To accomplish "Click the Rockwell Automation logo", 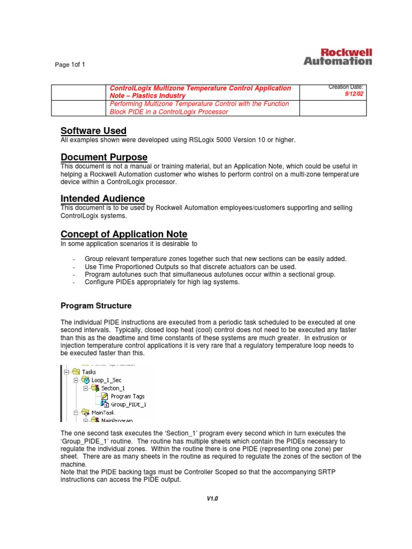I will click(x=337, y=57).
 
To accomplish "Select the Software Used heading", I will click(x=93, y=131).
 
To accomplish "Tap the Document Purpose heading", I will click(x=104, y=157).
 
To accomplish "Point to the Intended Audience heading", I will click(x=102, y=198).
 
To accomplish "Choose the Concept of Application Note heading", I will click(x=124, y=234).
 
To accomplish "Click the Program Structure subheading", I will click(x=95, y=306).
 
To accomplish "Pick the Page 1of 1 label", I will click(x=70, y=65).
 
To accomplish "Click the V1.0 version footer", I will click(x=212, y=499).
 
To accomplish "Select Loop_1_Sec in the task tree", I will click(x=107, y=380).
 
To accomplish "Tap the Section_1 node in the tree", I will click(x=113, y=388).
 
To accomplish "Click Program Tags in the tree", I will click(x=128, y=397).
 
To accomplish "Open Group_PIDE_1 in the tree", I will click(x=128, y=405).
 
